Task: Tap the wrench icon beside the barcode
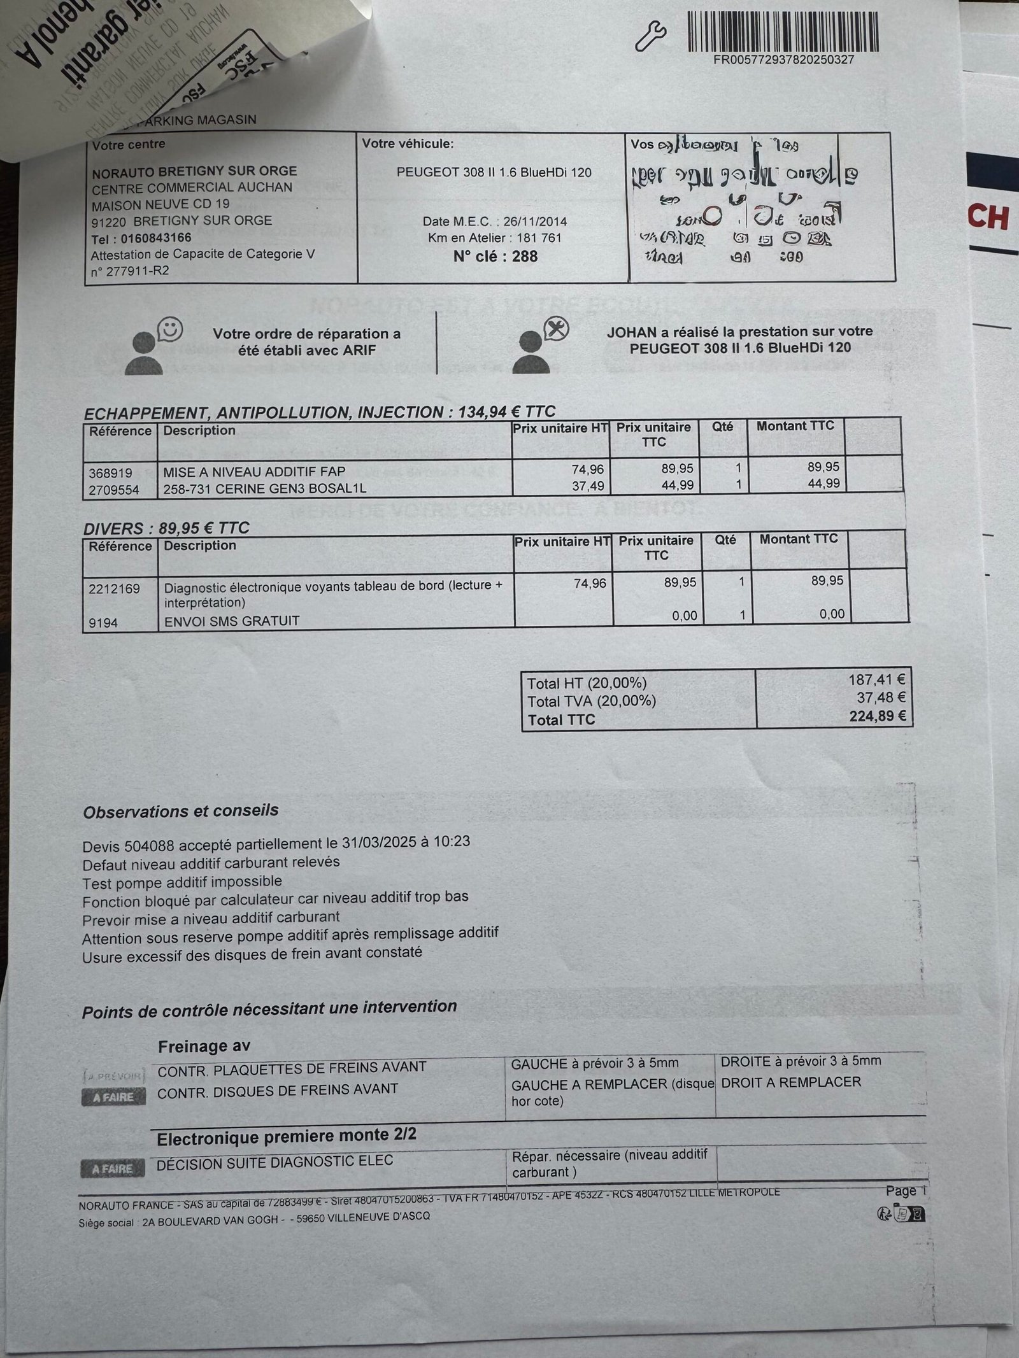(x=652, y=38)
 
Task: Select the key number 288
(x=524, y=257)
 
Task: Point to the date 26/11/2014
(x=535, y=222)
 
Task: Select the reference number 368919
(x=111, y=473)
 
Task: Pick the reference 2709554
(x=114, y=490)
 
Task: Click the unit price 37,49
(x=590, y=486)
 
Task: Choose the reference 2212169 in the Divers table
(x=115, y=588)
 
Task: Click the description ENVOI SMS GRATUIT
(x=232, y=621)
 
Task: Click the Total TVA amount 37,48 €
(x=881, y=698)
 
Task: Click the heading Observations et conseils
(x=181, y=812)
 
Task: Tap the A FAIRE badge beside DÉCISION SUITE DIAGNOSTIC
(x=113, y=1169)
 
